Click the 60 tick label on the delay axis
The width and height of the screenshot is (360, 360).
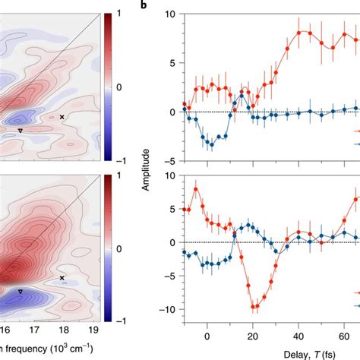pos(344,330)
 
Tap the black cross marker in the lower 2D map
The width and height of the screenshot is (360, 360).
pos(62,278)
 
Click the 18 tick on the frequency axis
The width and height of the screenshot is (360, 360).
pos(62,331)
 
